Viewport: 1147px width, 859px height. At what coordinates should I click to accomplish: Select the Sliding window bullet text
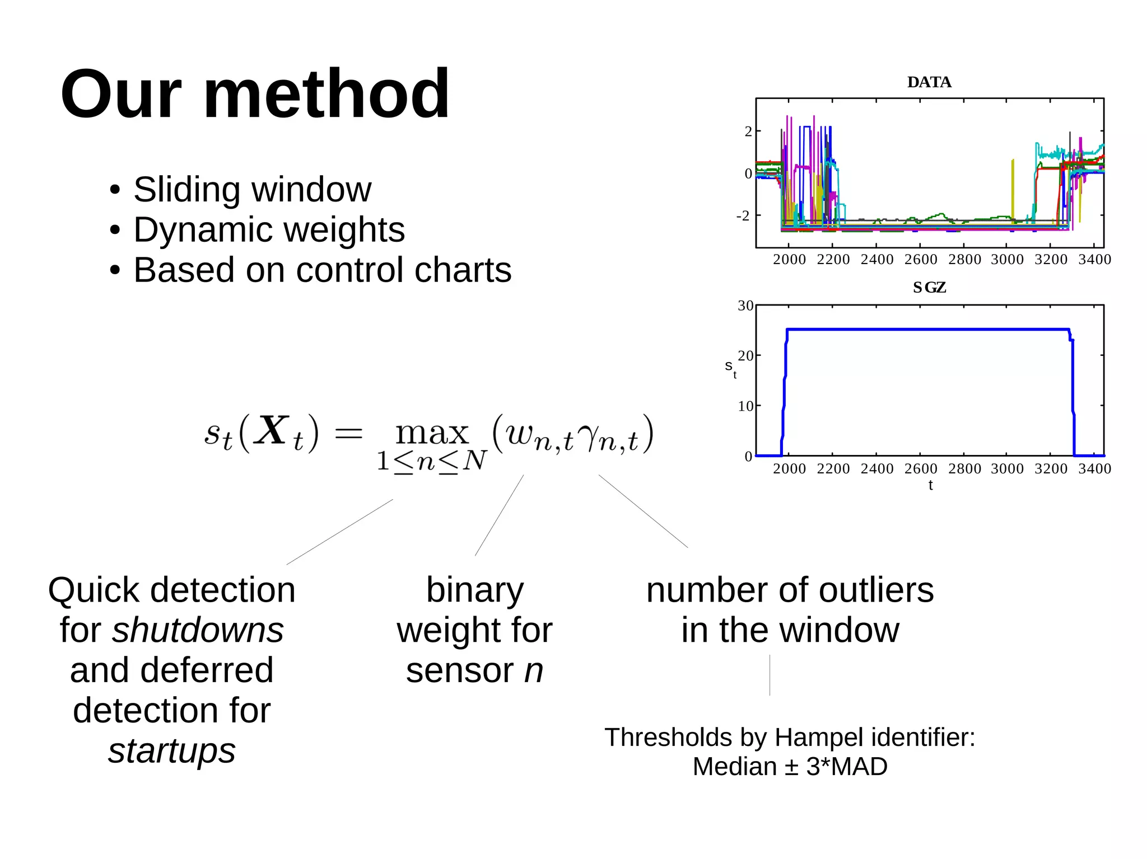252,189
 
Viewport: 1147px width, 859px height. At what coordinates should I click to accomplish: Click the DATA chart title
929,82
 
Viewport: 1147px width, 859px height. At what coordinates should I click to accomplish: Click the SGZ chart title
929,288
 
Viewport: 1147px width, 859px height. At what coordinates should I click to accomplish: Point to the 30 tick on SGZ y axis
745,306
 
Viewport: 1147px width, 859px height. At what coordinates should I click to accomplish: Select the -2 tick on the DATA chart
743,215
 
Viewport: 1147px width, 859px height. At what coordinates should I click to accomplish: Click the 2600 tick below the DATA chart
921,260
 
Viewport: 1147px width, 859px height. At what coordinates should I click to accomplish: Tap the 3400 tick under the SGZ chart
1094,469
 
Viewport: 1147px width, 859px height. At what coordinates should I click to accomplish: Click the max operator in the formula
432,433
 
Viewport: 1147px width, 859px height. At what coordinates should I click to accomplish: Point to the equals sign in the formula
348,433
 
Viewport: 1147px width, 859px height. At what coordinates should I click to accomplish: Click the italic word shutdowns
198,631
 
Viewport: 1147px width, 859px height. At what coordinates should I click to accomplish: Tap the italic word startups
172,750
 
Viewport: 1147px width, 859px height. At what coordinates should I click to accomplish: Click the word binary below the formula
475,590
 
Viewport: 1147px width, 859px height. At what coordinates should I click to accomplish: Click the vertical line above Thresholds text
770,675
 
